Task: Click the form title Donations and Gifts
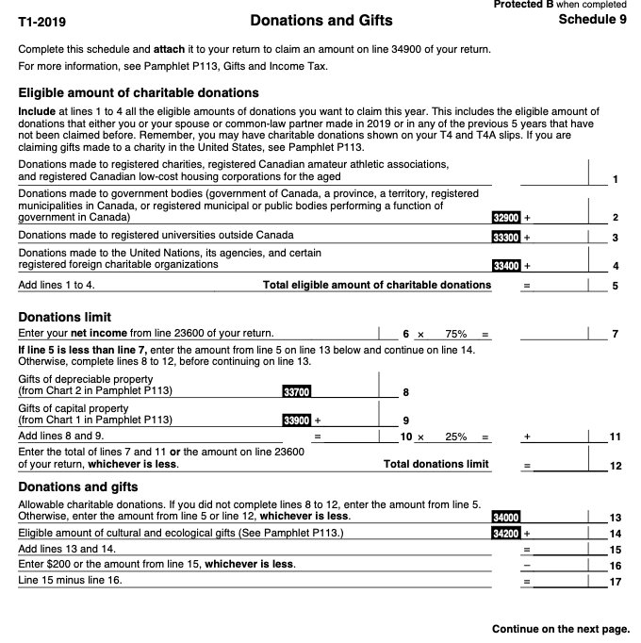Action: tap(321, 21)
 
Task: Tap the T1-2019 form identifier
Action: tap(42, 22)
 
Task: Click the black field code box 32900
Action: tap(507, 218)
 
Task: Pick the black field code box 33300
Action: tap(507, 236)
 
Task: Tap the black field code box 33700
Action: tap(296, 391)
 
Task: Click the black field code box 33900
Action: tap(296, 420)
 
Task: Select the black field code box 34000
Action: tap(507, 517)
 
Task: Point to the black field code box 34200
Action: tap(507, 533)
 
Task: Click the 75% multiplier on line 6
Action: tap(456, 334)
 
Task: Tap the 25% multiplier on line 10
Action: tap(456, 437)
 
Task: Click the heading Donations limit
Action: tap(65, 317)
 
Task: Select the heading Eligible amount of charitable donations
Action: tap(139, 92)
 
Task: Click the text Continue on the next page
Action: tap(560, 629)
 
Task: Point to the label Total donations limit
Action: tap(436, 464)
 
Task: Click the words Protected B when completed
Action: tap(560, 6)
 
